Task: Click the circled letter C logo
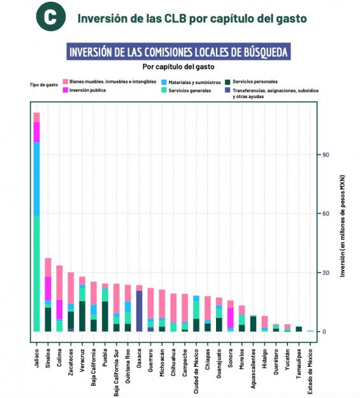(x=51, y=17)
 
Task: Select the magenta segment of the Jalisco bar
(x=37, y=132)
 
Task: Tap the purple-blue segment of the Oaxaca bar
(x=140, y=311)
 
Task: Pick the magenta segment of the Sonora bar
(x=231, y=318)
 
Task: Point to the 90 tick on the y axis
(x=326, y=155)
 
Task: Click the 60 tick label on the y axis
(x=326, y=213)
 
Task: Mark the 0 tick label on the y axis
(x=324, y=332)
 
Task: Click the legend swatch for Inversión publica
(x=66, y=90)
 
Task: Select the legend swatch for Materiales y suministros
(x=164, y=82)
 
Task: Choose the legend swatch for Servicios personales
(x=227, y=82)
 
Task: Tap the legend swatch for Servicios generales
(x=164, y=90)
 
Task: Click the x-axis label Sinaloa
(x=48, y=358)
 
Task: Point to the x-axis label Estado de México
(x=310, y=372)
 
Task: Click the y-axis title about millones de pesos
(x=343, y=226)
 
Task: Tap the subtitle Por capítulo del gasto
(x=178, y=67)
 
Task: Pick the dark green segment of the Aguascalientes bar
(x=253, y=324)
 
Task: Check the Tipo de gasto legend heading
(x=44, y=85)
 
